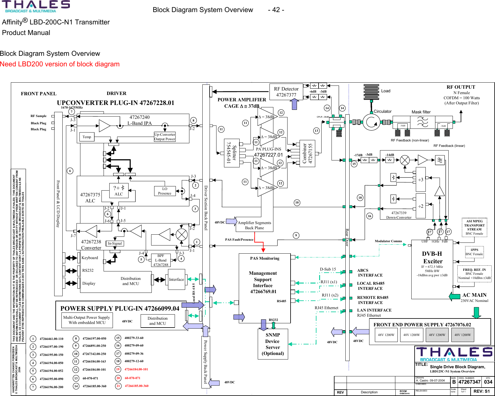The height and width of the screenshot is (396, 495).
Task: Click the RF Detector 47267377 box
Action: (x=286, y=92)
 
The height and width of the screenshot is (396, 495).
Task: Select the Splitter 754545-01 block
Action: (x=232, y=153)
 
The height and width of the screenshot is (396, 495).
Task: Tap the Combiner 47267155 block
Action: (x=307, y=153)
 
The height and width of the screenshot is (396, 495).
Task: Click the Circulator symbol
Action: (x=371, y=122)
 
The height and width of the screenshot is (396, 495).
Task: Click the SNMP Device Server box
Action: (x=273, y=344)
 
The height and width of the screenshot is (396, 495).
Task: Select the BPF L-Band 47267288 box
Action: (x=161, y=260)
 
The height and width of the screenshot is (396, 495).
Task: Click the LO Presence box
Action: (x=165, y=191)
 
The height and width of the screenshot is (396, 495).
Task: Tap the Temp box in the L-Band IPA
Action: (x=87, y=137)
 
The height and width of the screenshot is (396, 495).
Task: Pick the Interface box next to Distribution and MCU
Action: (x=176, y=280)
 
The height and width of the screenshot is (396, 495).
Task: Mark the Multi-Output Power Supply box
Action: (x=87, y=320)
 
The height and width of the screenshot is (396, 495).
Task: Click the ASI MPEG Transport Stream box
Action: (x=474, y=227)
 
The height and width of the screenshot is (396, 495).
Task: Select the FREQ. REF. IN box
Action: (x=474, y=274)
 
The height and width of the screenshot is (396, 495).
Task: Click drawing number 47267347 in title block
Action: (x=469, y=382)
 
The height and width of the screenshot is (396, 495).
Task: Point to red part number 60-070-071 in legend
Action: (x=132, y=378)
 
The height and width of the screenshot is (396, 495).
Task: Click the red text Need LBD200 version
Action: (x=60, y=64)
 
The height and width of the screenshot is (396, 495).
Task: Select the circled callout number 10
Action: (x=297, y=202)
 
